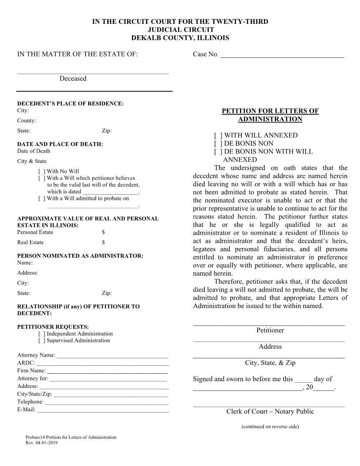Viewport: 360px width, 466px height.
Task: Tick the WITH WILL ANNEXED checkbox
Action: click(x=218, y=135)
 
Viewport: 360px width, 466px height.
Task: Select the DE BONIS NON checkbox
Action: click(x=218, y=143)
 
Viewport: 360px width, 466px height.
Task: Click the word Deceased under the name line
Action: click(x=73, y=79)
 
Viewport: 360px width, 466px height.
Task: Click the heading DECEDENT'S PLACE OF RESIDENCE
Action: click(x=70, y=104)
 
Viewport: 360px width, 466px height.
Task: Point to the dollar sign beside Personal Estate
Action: click(x=103, y=232)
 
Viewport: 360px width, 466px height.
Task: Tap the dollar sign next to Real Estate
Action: click(x=103, y=242)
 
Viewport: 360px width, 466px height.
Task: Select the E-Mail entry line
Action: click(x=102, y=411)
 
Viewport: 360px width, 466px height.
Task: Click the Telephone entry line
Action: click(x=106, y=403)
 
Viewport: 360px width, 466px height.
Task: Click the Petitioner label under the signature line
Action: click(x=270, y=331)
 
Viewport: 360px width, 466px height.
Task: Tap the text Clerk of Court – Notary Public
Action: click(x=270, y=412)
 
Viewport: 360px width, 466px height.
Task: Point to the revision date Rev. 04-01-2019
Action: click(x=41, y=443)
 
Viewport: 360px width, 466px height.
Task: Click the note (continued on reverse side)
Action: click(x=270, y=427)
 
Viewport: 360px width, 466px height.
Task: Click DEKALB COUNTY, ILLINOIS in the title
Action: click(x=180, y=38)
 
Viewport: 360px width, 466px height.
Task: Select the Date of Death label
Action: click(x=34, y=151)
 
